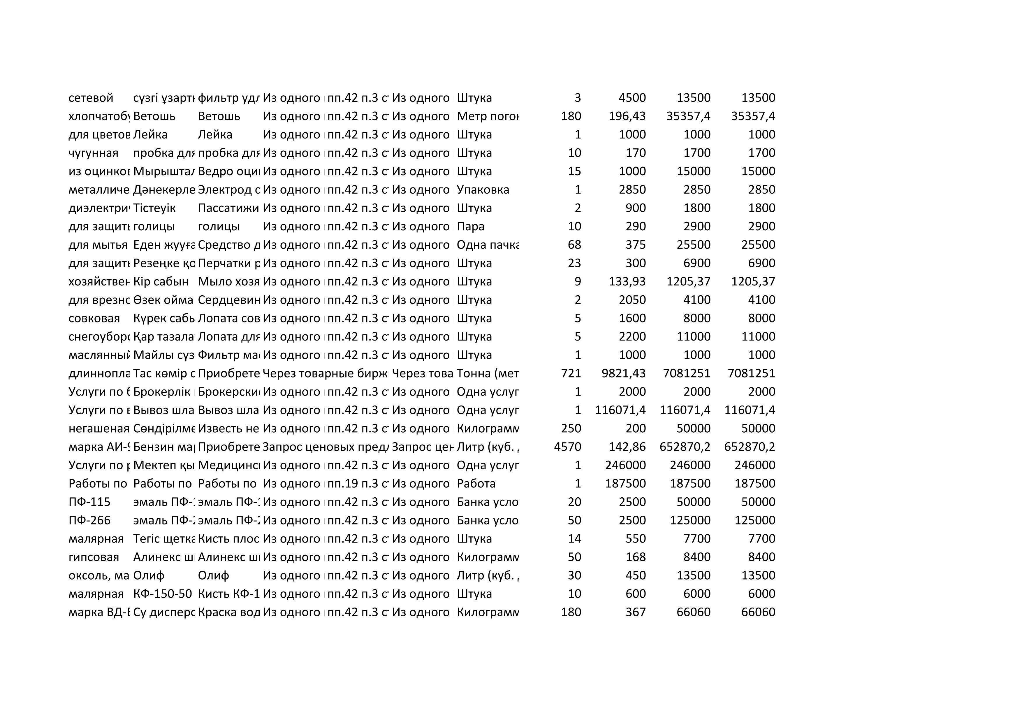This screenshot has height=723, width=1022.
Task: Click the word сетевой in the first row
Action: tap(91, 98)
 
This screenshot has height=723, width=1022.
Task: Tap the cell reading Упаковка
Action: tap(483, 190)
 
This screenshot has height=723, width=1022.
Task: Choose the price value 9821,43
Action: tap(623, 373)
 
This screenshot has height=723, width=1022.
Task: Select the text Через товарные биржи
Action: tap(326, 373)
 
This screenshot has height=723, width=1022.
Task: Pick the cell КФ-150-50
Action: tap(163, 594)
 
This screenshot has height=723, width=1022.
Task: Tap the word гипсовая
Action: tap(94, 557)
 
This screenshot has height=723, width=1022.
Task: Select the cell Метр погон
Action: tap(488, 116)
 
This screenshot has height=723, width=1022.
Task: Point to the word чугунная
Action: tap(94, 153)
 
